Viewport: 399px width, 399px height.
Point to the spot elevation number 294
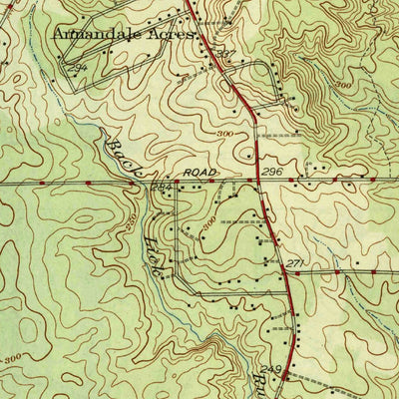click(x=80, y=66)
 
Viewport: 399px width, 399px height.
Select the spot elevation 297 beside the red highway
click(x=228, y=53)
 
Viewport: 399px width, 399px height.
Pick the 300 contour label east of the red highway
click(x=345, y=87)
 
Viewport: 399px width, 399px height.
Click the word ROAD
click(x=199, y=172)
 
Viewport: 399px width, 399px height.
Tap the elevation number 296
click(x=275, y=173)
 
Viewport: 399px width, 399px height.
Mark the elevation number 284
click(x=162, y=188)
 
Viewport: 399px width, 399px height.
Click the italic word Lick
click(x=156, y=254)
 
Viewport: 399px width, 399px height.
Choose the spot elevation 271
click(x=294, y=262)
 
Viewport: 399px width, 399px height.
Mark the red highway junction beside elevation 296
click(x=259, y=183)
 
